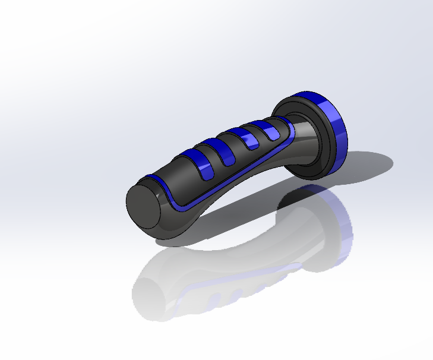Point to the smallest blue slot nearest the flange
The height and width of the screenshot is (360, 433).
point(271,132)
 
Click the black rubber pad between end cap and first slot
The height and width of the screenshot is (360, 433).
point(178,175)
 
